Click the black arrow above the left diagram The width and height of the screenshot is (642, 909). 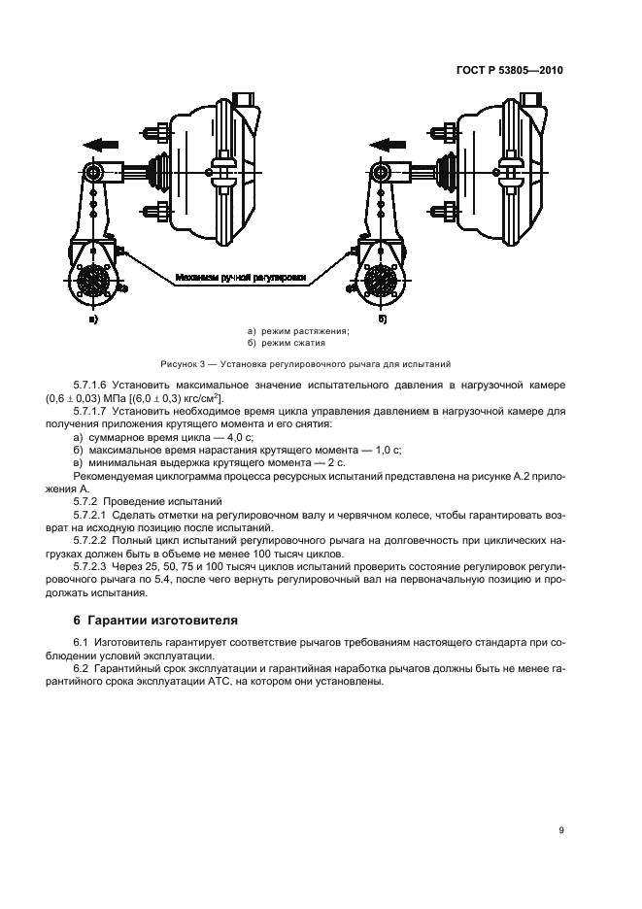[101, 144]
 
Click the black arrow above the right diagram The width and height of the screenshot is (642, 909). [389, 144]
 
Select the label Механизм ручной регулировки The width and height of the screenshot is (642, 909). [241, 278]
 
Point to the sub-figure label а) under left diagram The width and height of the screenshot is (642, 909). [93, 318]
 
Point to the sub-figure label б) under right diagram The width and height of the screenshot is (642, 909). [382, 318]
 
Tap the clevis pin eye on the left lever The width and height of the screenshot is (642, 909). [95, 173]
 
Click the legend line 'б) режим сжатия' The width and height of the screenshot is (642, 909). [287, 343]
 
